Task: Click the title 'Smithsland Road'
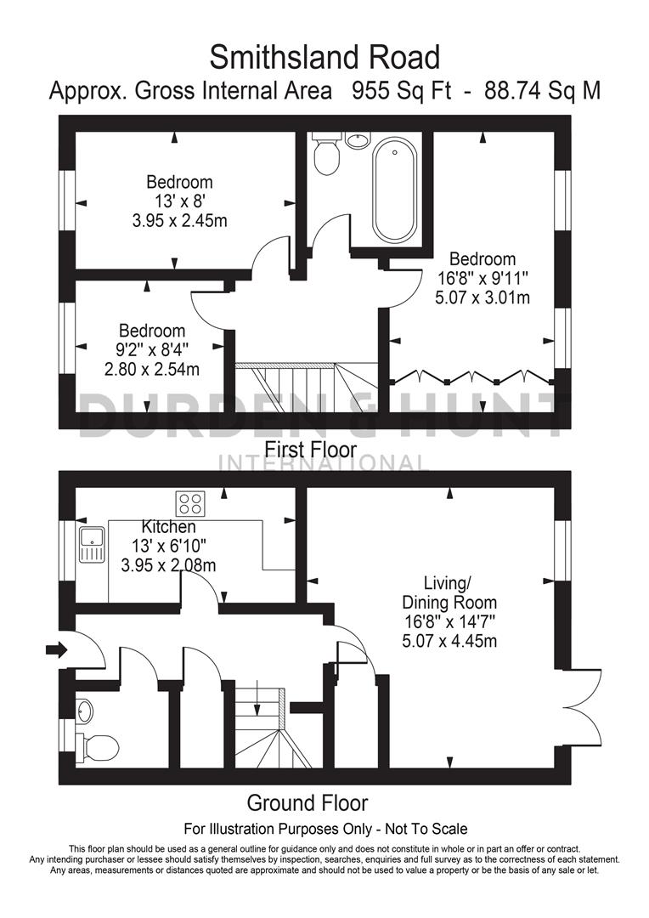pyautogui.click(x=325, y=58)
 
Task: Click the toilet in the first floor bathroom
pyautogui.click(x=326, y=156)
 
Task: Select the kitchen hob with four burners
pyautogui.click(x=191, y=502)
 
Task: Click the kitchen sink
pyautogui.click(x=90, y=545)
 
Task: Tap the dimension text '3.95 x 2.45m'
pyautogui.click(x=178, y=220)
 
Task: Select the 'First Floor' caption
pyautogui.click(x=311, y=449)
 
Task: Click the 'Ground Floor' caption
pyautogui.click(x=307, y=802)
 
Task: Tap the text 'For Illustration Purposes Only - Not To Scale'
pyautogui.click(x=325, y=828)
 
